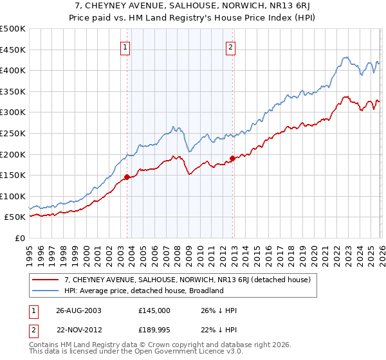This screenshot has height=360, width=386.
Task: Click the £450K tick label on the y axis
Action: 13,50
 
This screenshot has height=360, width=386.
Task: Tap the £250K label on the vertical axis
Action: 13,133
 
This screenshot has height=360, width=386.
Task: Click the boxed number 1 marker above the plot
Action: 124,46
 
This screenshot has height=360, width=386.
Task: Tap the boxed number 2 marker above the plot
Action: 230,46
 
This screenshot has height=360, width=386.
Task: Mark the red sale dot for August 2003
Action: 127,177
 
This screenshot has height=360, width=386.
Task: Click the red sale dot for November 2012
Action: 232,158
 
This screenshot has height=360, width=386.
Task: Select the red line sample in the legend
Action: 46,280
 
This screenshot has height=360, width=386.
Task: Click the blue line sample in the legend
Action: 46,291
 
